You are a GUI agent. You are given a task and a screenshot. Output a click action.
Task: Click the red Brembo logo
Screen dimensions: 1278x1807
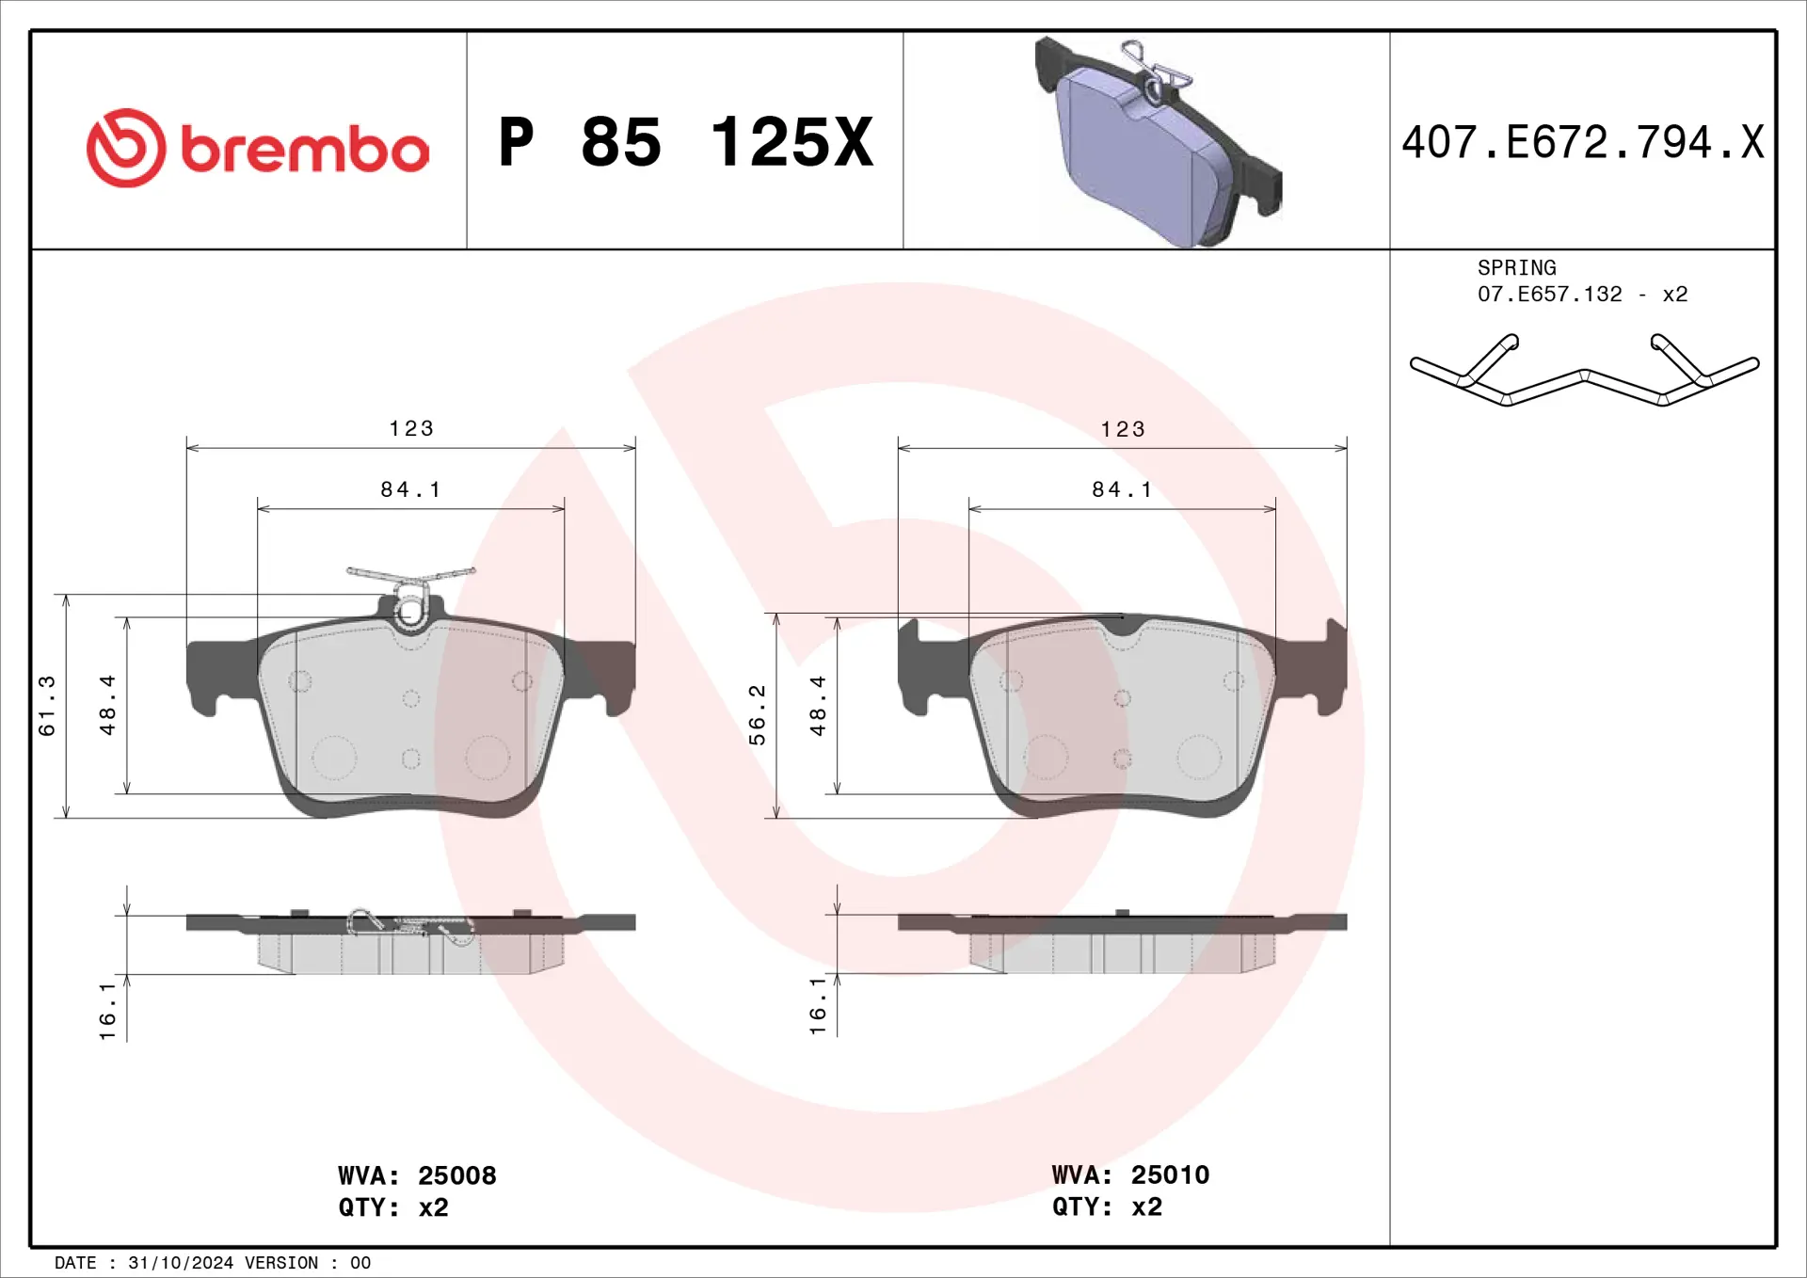[257, 148]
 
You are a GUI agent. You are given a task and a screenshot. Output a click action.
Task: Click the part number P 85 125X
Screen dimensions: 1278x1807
[685, 143]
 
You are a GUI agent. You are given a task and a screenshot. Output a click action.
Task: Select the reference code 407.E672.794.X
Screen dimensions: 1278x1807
[1582, 143]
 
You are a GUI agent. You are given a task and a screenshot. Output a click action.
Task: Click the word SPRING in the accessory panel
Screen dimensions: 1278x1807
[1516, 268]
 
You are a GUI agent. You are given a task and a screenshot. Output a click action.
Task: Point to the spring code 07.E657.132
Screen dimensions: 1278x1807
[1549, 295]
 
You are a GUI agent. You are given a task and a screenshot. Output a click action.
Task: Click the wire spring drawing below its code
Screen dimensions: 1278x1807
[1584, 372]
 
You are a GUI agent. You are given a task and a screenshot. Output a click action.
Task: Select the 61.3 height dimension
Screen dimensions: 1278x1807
[47, 706]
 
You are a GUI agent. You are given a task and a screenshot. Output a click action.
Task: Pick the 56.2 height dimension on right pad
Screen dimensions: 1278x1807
[758, 715]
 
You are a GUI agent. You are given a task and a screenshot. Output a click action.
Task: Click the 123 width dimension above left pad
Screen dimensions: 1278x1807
[411, 429]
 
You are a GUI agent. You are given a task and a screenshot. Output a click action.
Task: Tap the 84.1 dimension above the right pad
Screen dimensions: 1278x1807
[1122, 489]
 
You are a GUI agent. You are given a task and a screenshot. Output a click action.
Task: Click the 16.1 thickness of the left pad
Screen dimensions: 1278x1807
[107, 1012]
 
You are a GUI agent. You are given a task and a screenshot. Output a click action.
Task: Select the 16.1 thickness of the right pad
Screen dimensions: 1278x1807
[818, 1007]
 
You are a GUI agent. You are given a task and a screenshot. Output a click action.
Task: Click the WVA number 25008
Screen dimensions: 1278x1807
[456, 1175]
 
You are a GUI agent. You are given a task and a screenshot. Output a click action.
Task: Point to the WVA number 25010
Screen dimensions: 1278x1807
[1170, 1174]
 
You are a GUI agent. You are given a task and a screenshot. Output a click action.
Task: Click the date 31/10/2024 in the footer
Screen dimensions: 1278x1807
[181, 1263]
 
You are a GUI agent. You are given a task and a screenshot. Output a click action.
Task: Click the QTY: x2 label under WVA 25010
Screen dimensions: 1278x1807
[1107, 1206]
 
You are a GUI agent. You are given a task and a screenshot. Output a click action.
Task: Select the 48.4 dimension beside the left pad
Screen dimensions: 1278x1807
[107, 706]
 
